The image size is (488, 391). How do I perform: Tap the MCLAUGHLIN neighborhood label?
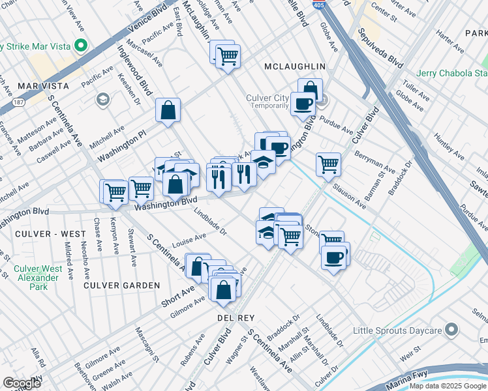295,66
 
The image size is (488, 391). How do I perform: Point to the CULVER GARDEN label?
121,285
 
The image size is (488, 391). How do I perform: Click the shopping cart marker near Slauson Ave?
328,164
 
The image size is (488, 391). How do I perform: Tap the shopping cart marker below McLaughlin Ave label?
228,56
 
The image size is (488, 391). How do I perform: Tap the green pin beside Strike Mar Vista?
82,46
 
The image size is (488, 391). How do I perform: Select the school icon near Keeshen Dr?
102,99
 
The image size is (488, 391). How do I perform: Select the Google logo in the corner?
22,383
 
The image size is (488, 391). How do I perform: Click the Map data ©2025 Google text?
448,386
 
